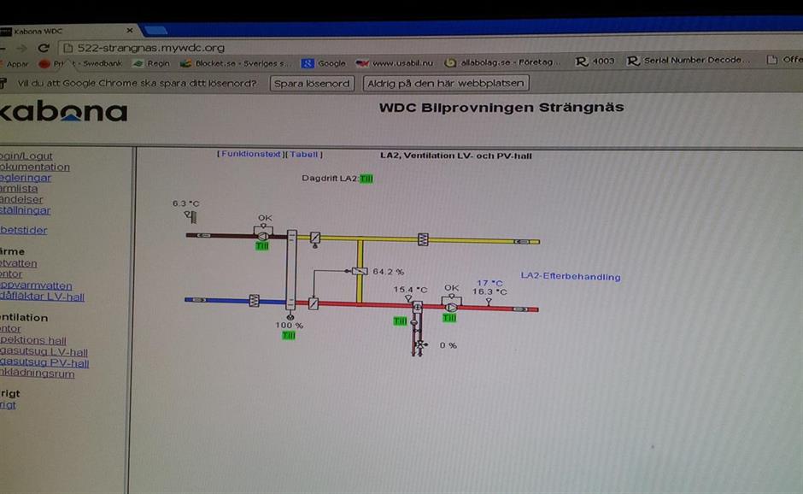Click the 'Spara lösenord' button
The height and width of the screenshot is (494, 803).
tap(312, 83)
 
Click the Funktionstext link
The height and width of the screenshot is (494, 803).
tap(250, 155)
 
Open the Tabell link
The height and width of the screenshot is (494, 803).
tap(304, 155)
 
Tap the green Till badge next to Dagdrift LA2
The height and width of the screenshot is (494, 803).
tap(366, 179)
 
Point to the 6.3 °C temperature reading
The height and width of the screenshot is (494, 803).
tap(185, 203)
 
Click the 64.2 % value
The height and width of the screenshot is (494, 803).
tap(389, 271)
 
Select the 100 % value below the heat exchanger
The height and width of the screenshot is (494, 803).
tap(289, 325)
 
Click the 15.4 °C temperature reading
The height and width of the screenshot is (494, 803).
tap(410, 289)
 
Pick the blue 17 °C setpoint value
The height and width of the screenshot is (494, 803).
tap(489, 282)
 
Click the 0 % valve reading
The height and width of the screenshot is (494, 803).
tap(448, 345)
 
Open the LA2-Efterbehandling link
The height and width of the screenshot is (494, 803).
tap(571, 277)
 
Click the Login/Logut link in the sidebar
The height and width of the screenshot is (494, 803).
tap(26, 156)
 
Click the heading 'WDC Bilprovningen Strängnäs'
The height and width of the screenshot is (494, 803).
tap(501, 108)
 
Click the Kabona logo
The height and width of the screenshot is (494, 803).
tap(63, 112)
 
